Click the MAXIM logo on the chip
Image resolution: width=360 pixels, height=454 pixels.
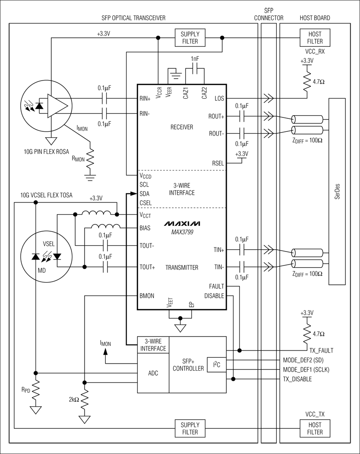(182, 224)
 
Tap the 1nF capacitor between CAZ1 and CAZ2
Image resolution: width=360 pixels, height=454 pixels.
(194, 69)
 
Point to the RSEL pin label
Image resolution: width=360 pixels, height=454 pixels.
(216, 164)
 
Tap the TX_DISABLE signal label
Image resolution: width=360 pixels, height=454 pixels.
(297, 379)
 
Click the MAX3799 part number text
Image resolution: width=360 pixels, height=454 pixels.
(182, 232)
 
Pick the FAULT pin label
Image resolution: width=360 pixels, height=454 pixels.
(216, 286)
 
